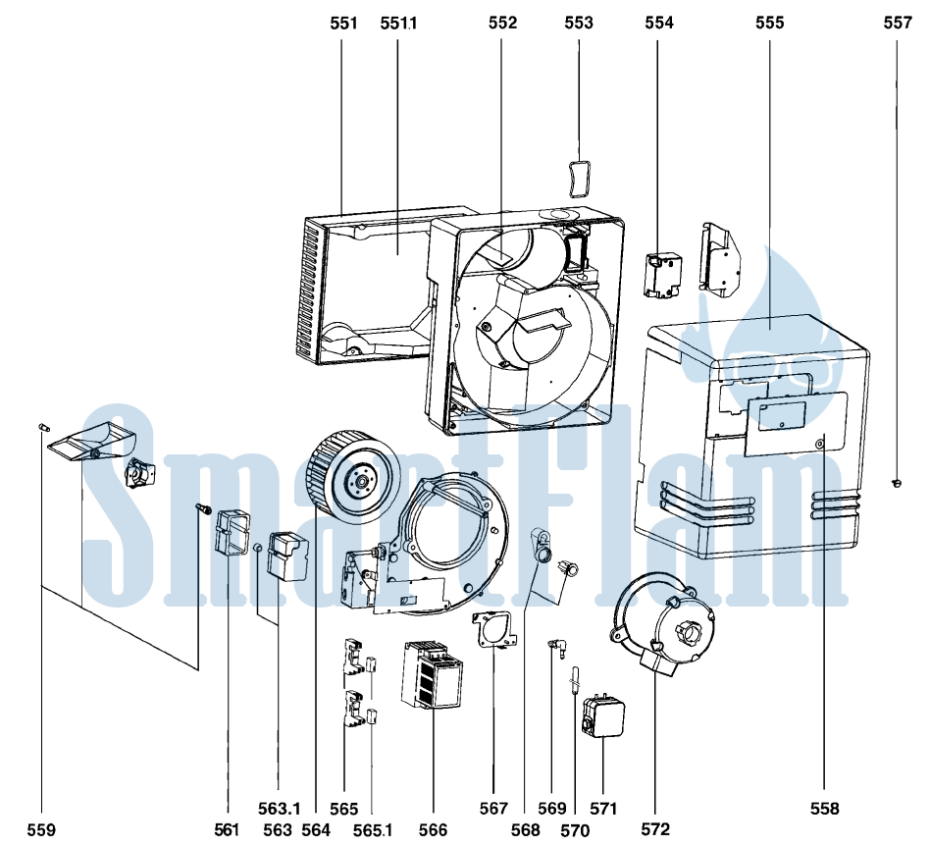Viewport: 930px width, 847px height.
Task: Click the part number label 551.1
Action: [x=398, y=24]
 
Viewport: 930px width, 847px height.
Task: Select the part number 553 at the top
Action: [x=578, y=23]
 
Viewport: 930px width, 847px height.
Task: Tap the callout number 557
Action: [x=898, y=23]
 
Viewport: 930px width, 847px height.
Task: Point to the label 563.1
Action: [x=279, y=809]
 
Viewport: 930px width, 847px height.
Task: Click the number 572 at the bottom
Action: [x=654, y=829]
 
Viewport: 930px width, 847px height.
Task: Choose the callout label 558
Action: [x=825, y=809]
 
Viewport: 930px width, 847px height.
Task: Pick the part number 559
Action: [x=41, y=829]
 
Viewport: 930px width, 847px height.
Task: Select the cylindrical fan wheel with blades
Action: [x=353, y=478]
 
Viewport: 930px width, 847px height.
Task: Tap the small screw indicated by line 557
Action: [x=897, y=483]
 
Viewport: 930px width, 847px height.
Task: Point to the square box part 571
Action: [x=603, y=716]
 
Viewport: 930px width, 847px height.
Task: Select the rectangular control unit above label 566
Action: [x=433, y=675]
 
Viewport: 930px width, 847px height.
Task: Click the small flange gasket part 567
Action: [x=494, y=630]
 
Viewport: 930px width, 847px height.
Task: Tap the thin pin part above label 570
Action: [x=575, y=681]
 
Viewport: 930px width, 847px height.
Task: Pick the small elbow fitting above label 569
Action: [x=556, y=647]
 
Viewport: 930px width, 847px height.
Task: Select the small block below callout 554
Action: [x=662, y=274]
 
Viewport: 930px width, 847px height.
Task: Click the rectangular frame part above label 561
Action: [x=232, y=533]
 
